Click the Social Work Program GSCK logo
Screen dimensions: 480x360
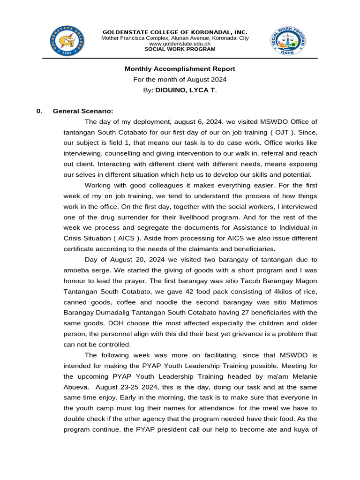[x=288, y=41]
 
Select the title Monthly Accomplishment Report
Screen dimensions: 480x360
[x=180, y=69]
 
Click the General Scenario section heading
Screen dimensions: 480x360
[x=82, y=111]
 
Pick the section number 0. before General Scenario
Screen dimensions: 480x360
[x=39, y=111]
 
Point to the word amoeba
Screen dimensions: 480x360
[x=76, y=270]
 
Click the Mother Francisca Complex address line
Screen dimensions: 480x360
[x=175, y=38]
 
